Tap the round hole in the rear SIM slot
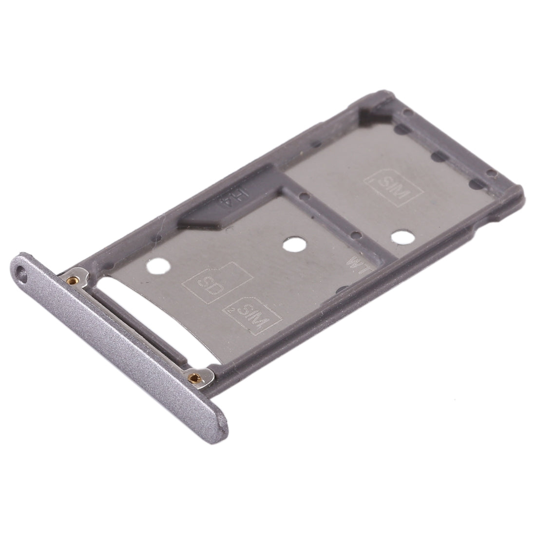pyautogui.click(x=402, y=238)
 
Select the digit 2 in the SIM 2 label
pyautogui.click(x=230, y=310)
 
